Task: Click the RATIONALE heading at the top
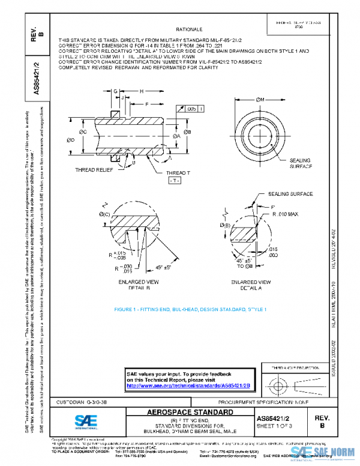click(188, 29)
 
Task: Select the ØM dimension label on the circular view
click(260, 98)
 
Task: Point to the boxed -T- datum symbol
click(174, 180)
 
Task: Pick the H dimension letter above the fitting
click(142, 91)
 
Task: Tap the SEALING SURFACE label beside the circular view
click(301, 163)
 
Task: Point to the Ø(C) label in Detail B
click(104, 214)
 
